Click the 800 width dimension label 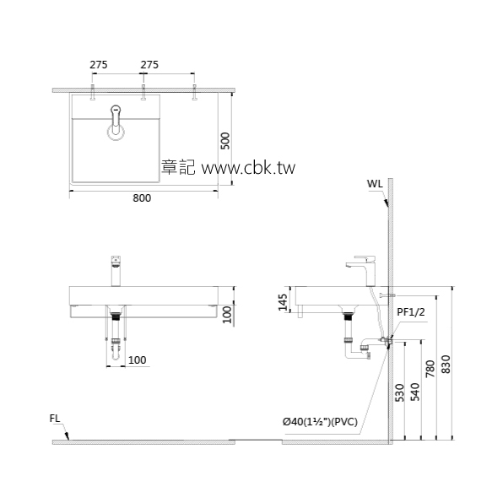142,198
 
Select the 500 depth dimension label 225,140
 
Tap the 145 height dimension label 284,300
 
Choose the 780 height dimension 430,368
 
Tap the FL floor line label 55,417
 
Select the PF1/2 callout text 410,312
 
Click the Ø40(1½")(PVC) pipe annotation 321,420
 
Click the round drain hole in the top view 116,130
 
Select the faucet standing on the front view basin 116,270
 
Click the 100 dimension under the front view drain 137,360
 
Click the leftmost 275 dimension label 100,65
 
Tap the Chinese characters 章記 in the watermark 178,168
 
